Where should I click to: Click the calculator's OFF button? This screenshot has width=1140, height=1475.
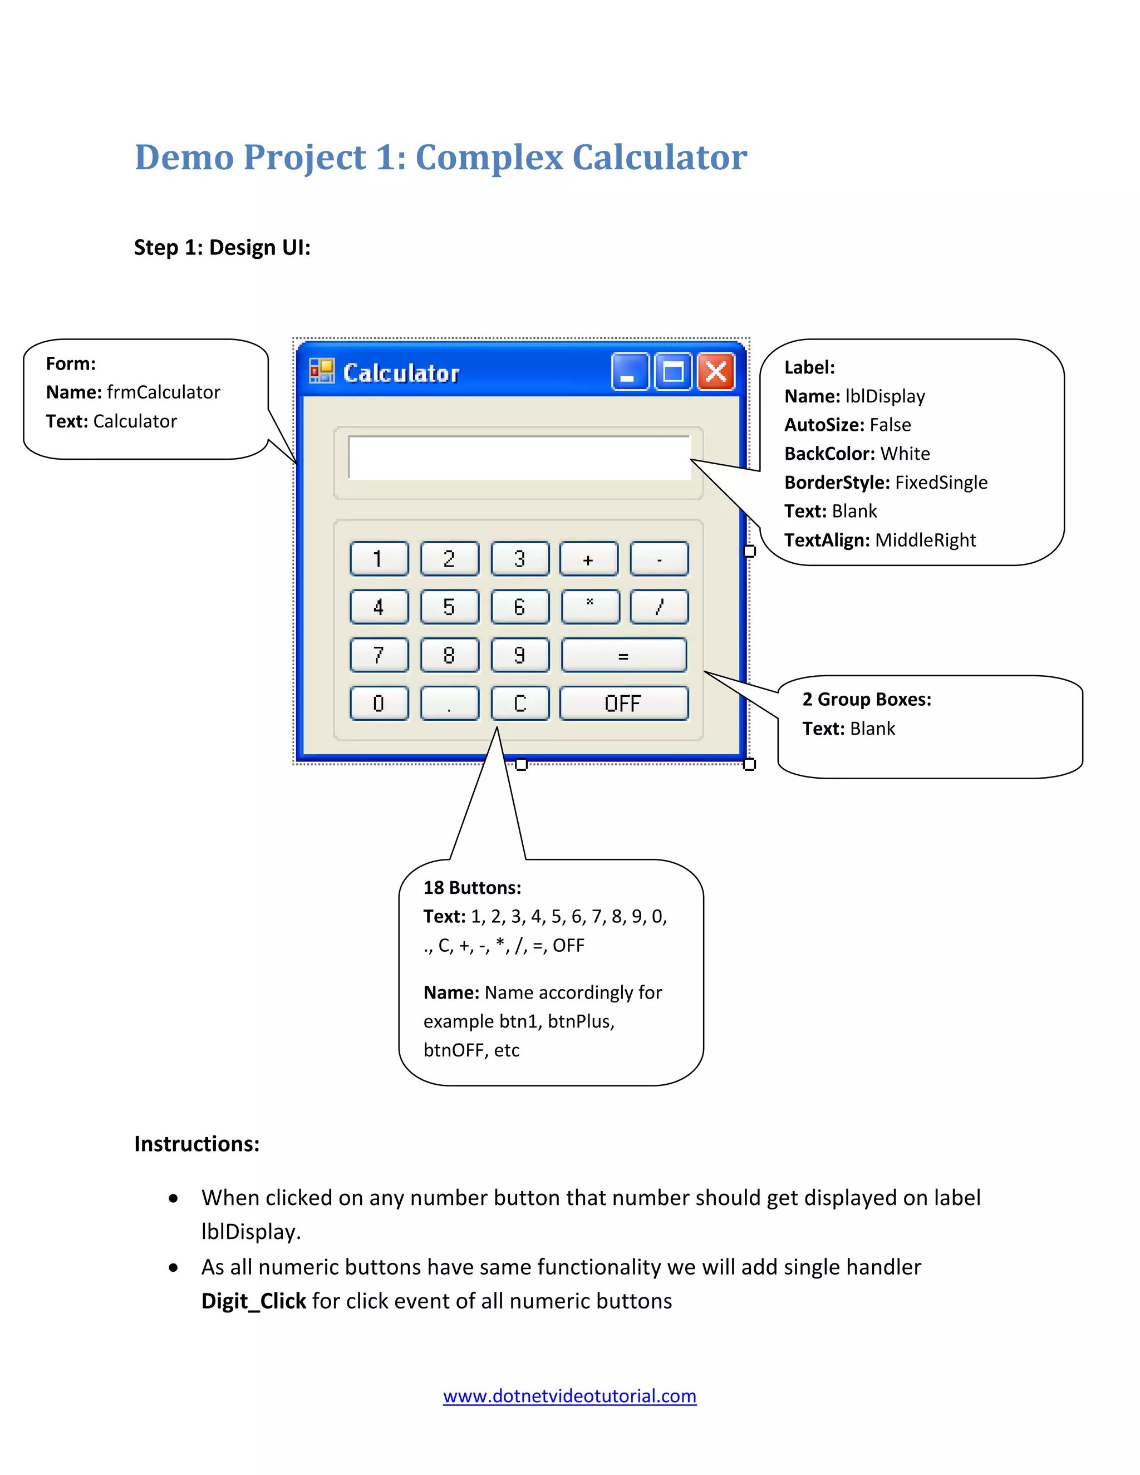623,703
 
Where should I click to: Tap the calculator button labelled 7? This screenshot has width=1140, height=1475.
379,655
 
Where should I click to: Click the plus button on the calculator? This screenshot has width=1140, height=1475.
588,558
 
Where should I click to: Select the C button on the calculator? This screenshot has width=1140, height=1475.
519,703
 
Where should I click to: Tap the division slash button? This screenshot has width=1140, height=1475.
659,607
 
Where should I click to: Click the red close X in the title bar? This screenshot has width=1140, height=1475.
716,371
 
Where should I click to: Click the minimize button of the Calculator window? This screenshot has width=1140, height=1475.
630,371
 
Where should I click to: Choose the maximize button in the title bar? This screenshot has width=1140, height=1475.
672,371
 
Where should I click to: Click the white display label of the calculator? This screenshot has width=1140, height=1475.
519,457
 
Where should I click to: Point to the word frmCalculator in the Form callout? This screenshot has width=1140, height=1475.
164,392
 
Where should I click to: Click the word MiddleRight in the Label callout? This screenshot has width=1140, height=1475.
925,540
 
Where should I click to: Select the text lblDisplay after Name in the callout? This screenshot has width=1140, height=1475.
885,396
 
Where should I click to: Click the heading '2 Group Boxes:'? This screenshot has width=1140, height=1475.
867,700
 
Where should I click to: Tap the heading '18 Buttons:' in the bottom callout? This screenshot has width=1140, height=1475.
472,887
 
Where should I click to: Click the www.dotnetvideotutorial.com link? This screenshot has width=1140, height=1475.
569,1396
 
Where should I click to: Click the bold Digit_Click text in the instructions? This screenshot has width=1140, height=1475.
253,1301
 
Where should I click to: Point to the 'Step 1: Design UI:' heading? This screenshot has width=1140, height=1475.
222,247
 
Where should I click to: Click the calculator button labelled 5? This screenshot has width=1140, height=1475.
449,607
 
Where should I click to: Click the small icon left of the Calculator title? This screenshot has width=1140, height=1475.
322,371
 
